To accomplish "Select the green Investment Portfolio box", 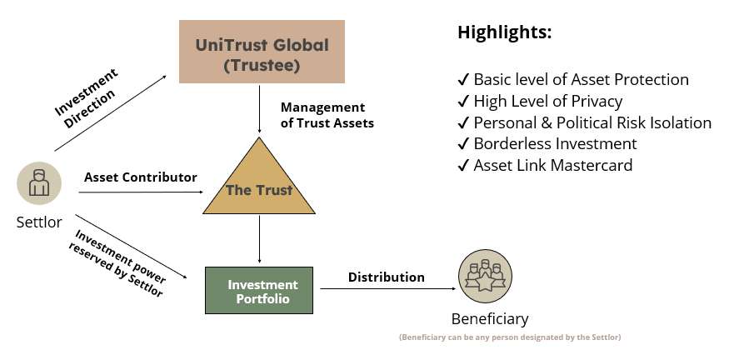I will click(x=259, y=290).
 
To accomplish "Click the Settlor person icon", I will click(x=38, y=182).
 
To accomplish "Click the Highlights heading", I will click(x=505, y=33).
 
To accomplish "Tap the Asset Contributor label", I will click(x=140, y=177).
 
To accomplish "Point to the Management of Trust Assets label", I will click(x=327, y=116).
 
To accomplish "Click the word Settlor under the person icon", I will click(x=38, y=222).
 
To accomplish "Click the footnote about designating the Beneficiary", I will click(x=510, y=337).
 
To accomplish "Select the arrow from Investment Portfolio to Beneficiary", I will click(x=387, y=289).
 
